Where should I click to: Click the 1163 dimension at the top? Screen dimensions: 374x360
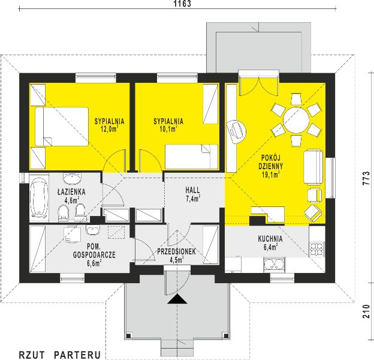point(182,4)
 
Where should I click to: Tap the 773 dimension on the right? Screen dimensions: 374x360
point(366,178)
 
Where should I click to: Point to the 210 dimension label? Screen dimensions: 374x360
point(366,311)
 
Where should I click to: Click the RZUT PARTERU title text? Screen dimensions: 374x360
point(60,355)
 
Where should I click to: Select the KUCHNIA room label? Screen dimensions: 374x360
point(270,239)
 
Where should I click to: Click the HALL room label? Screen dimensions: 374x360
point(193,190)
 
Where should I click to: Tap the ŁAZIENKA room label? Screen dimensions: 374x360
point(71,191)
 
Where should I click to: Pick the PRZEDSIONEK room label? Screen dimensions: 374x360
point(176,251)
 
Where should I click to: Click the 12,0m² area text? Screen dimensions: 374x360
point(110,129)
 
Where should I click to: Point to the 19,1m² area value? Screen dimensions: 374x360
point(271,175)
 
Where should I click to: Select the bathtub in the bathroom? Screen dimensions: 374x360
point(39,198)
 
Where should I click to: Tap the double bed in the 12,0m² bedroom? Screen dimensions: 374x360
point(62,127)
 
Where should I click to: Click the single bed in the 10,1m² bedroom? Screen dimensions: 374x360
point(192,157)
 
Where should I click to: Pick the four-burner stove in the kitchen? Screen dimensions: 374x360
point(317,249)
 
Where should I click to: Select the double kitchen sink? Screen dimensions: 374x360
point(275,264)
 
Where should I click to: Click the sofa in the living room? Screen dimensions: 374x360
point(313,167)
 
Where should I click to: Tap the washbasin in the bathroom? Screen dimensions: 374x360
point(73,178)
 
